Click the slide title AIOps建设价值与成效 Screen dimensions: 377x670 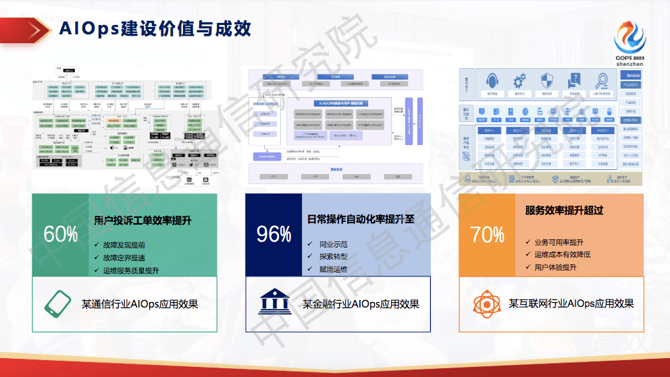click(x=155, y=28)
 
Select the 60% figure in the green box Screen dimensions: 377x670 click(x=61, y=234)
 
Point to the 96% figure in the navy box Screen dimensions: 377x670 click(x=274, y=234)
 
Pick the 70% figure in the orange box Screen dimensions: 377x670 click(x=487, y=234)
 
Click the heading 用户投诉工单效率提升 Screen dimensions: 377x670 click(x=143, y=221)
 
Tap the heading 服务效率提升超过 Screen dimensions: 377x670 click(x=564, y=210)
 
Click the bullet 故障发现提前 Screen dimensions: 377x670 click(x=124, y=245)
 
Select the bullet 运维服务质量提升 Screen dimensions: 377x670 click(x=130, y=270)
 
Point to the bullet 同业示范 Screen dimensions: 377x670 click(x=334, y=243)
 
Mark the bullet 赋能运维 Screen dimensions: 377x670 click(x=334, y=269)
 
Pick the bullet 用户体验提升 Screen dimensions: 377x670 click(x=555, y=267)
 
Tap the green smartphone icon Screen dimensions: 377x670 click(x=58, y=303)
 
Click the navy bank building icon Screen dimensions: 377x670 click(x=273, y=303)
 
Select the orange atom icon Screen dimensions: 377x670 click(x=485, y=303)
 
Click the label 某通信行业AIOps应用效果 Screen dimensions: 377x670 click(x=140, y=303)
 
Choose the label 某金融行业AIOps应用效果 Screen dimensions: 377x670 click(x=361, y=303)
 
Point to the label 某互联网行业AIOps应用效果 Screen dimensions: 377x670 click(x=571, y=303)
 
